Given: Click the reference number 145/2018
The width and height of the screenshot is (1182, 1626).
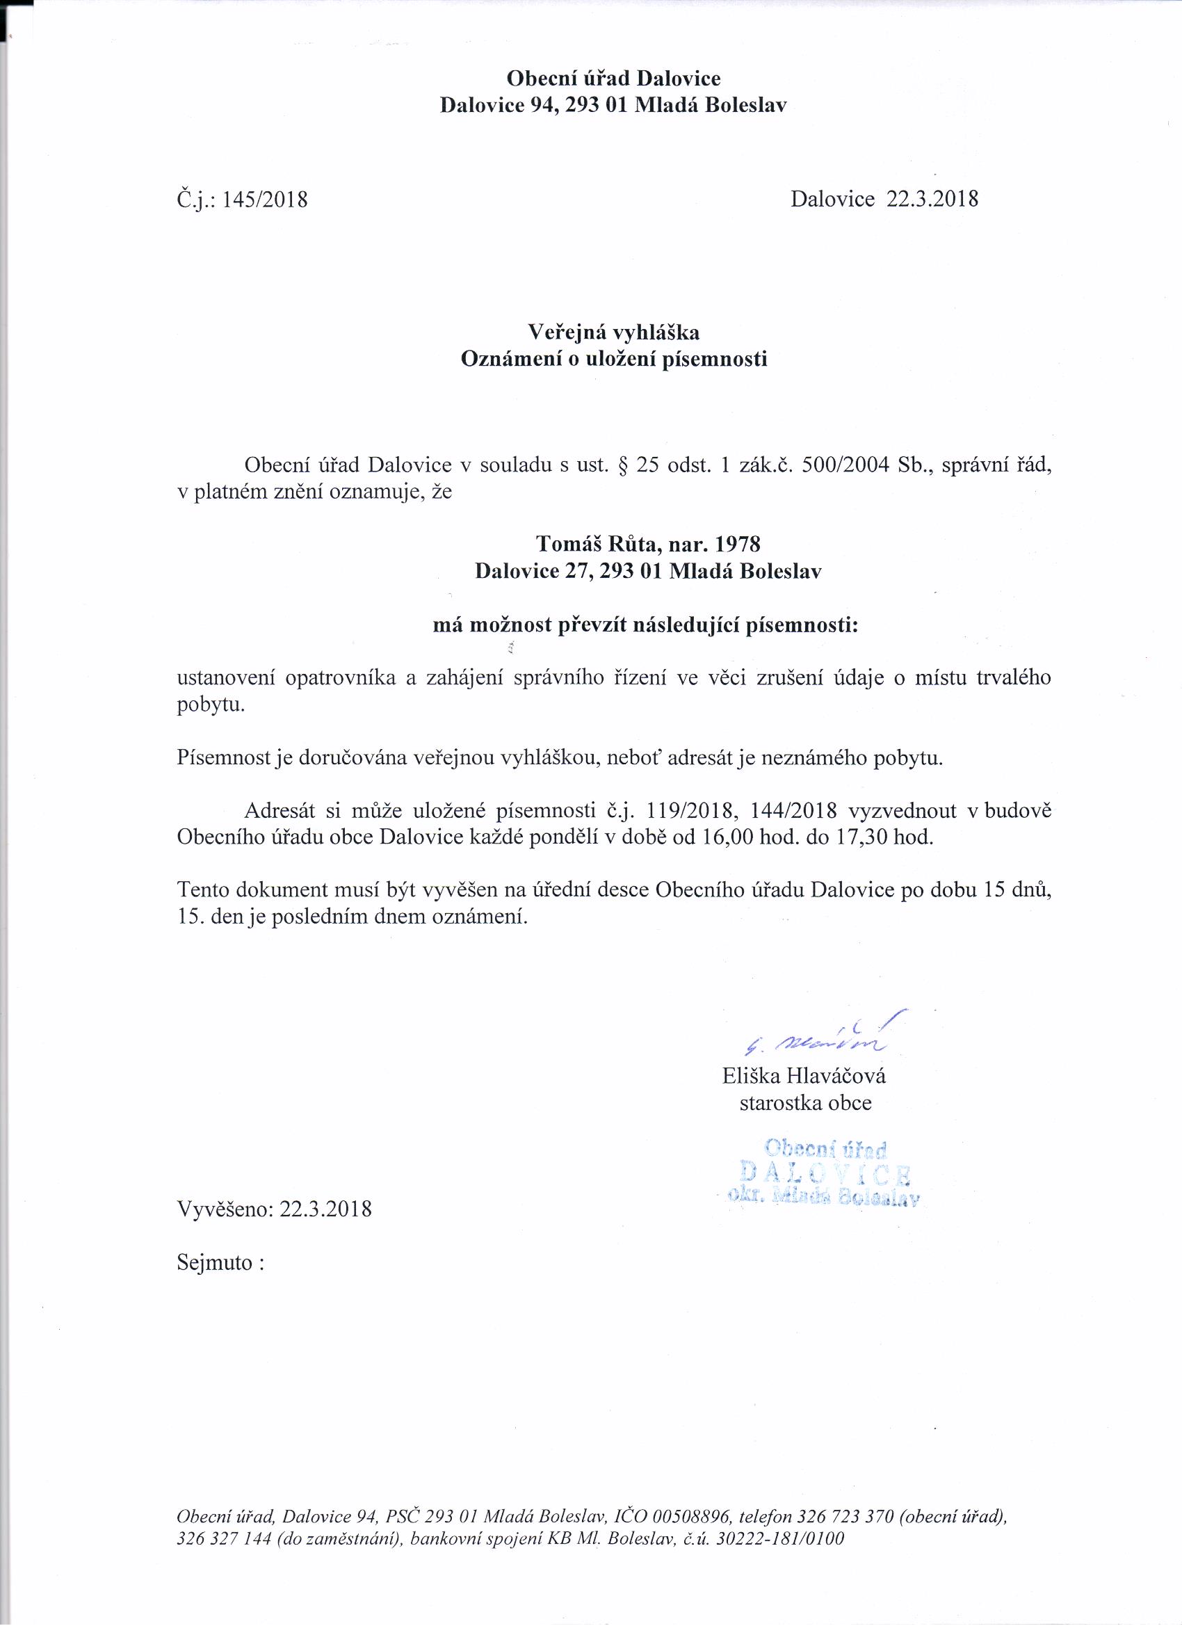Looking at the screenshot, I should tap(265, 200).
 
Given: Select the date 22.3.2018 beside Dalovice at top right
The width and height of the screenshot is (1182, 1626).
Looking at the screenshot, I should tap(932, 199).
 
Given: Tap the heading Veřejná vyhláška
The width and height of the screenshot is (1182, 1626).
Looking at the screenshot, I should tap(613, 332).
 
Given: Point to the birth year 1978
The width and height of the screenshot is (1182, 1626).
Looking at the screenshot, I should tap(736, 544).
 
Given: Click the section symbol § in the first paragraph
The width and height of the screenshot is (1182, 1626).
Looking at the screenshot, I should tap(622, 465).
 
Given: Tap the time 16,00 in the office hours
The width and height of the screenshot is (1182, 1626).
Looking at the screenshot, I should tap(724, 837).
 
